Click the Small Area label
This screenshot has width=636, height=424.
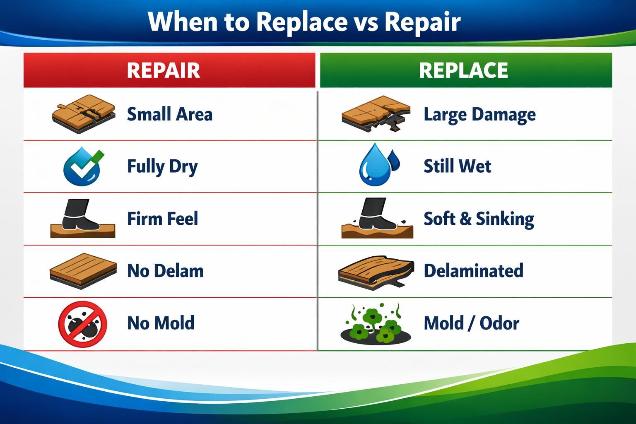[169, 114]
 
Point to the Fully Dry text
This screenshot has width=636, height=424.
[162, 166]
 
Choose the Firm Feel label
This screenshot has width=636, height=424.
[162, 219]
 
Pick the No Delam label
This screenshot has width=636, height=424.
[165, 271]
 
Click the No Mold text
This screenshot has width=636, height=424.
[161, 323]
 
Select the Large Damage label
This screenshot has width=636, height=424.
[479, 114]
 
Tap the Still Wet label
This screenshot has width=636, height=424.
[457, 166]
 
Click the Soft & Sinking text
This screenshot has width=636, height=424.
[479, 219]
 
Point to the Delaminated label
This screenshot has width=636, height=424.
[473, 271]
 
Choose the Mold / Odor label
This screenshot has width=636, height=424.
[471, 323]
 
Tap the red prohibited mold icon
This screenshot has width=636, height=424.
[82, 323]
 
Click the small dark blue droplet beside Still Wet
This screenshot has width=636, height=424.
[395, 160]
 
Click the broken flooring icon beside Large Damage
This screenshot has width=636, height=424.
[376, 114]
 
